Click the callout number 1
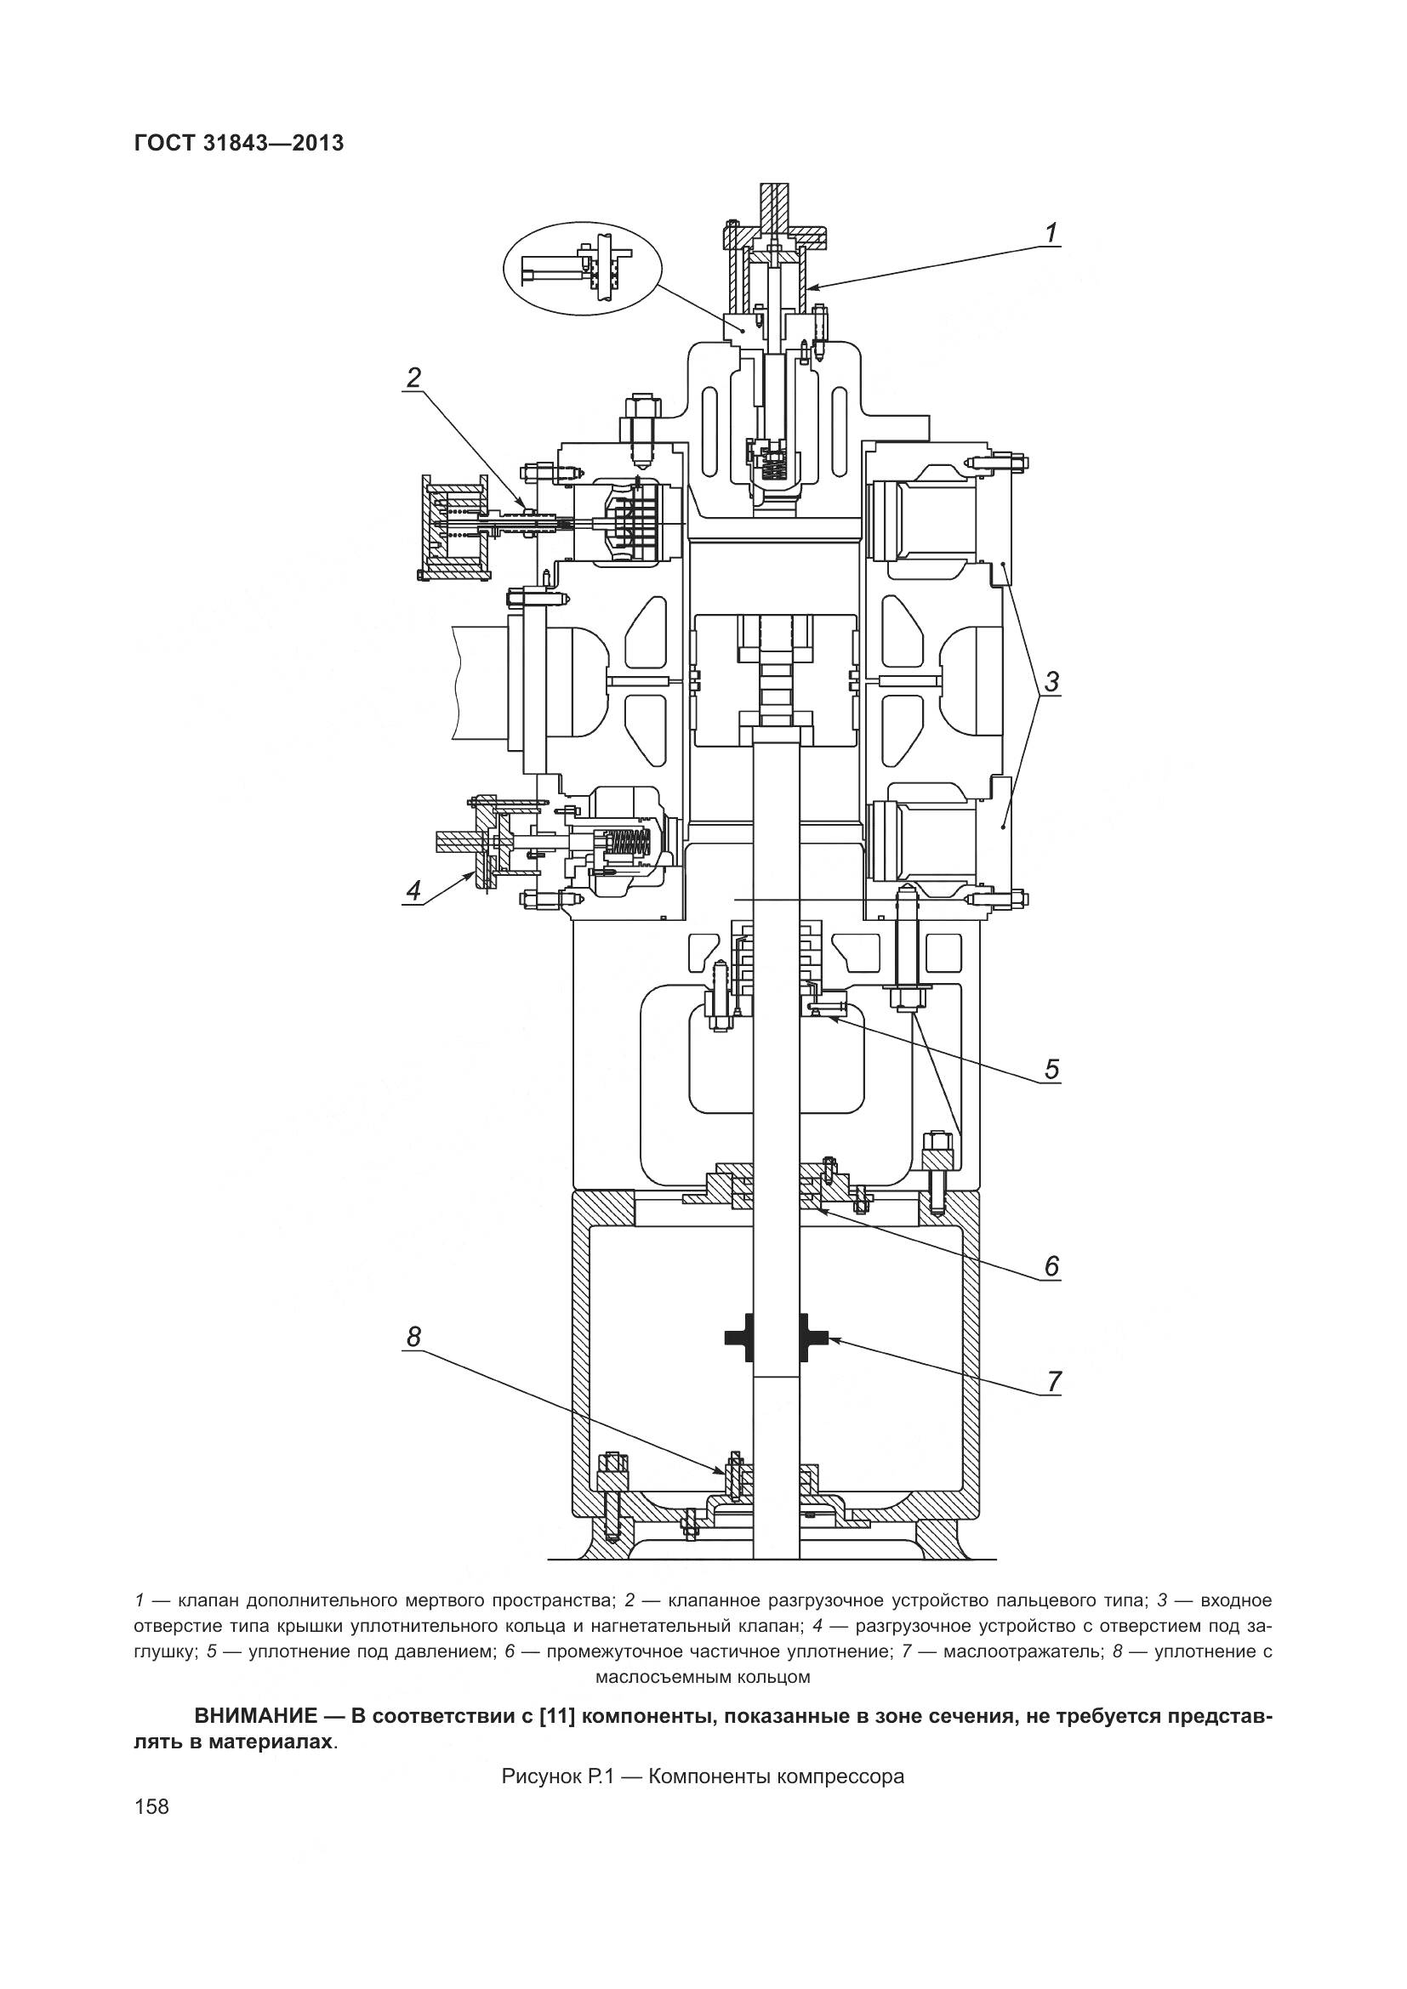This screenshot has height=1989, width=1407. (x=1050, y=233)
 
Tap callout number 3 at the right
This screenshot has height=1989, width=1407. (x=1051, y=682)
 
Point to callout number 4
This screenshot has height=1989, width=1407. (x=413, y=889)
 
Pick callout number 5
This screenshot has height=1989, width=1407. (x=1051, y=1069)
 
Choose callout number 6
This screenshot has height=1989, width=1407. (x=1051, y=1266)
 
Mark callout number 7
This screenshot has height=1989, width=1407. (x=1052, y=1381)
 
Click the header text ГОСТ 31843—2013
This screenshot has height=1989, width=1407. (x=239, y=143)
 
